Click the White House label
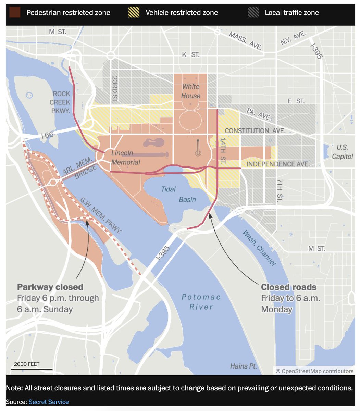click(191, 91)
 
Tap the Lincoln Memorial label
click(125, 158)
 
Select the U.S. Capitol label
click(342, 152)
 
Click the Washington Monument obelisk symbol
click(198, 148)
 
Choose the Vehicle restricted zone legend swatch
click(134, 13)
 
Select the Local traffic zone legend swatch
click(253, 13)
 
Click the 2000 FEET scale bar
click(32, 369)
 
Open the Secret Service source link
click(49, 402)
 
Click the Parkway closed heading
click(50, 287)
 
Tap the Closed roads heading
click(288, 287)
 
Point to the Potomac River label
click(201, 302)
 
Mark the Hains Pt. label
click(244, 366)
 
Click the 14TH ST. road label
click(223, 150)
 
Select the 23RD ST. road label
click(114, 89)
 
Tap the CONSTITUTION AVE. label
click(255, 131)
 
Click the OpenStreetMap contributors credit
click(314, 371)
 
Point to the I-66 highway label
click(47, 135)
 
